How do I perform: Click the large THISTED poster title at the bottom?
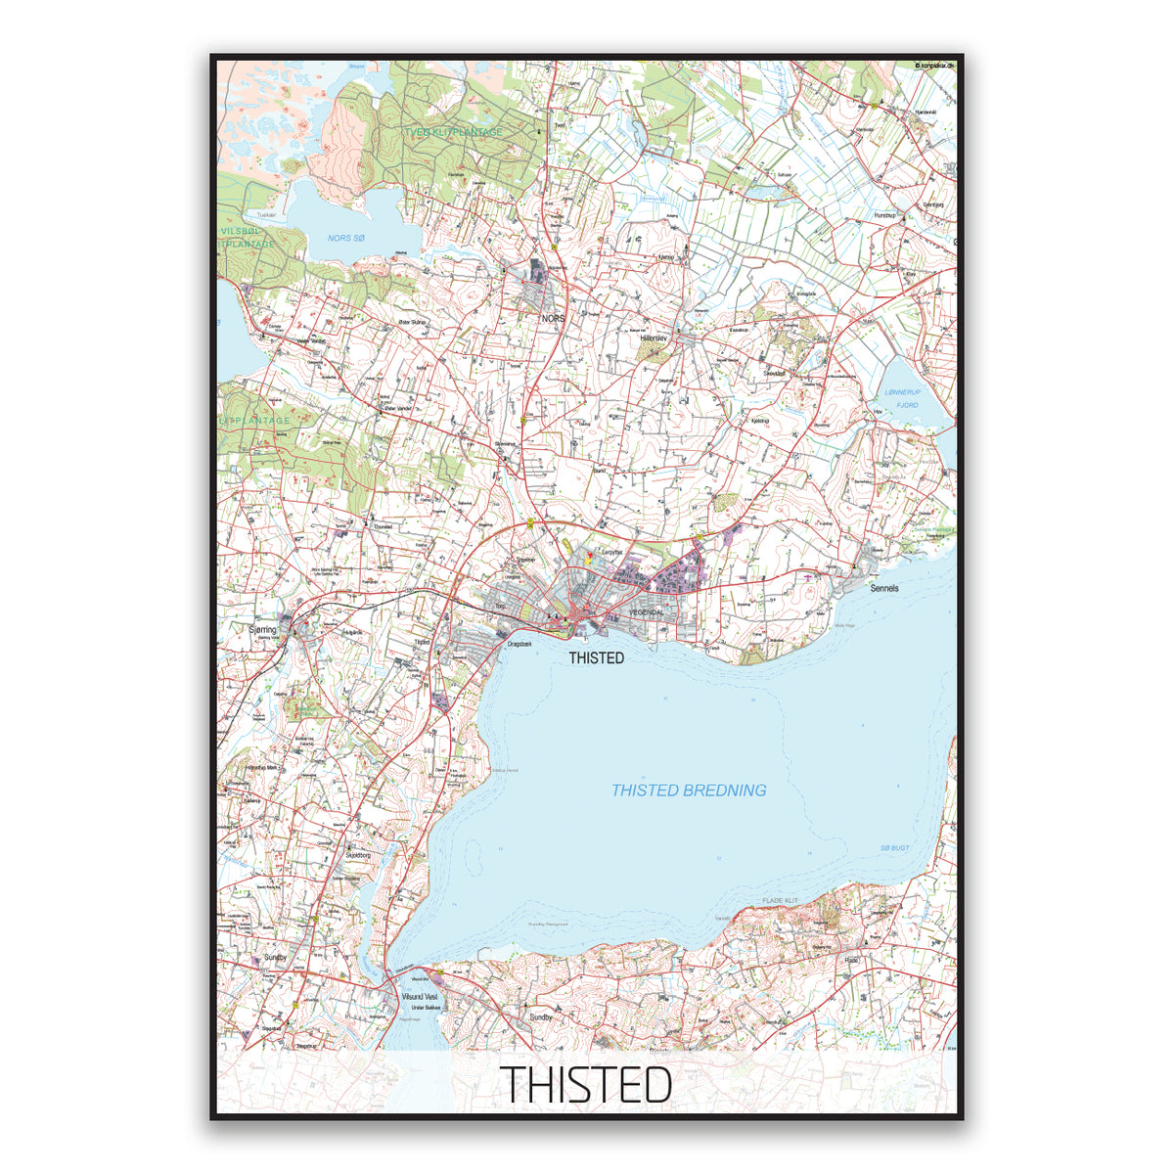[x=587, y=1084]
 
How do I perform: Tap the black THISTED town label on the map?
[x=596, y=658]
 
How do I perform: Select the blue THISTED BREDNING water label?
[x=689, y=790]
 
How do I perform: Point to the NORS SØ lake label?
[x=345, y=238]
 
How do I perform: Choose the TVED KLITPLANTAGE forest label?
[x=454, y=132]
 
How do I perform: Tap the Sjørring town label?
[x=264, y=630]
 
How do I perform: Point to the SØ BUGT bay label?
[x=894, y=847]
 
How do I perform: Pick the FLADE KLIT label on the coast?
[x=780, y=900]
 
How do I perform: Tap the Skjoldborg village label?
[x=358, y=854]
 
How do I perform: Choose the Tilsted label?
[x=423, y=642]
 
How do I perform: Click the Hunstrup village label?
[x=884, y=213]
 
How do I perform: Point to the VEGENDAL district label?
[x=646, y=612]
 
